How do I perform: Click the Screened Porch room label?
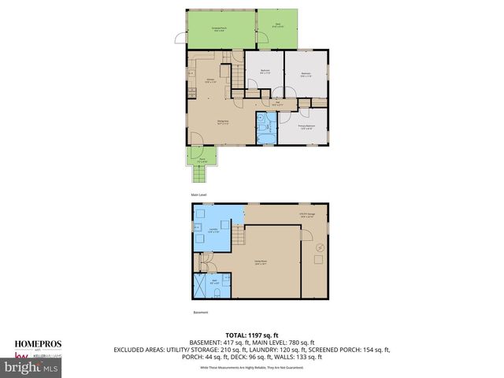220,28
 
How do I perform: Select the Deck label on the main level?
278,24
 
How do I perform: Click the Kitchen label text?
211,80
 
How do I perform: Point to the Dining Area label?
223,120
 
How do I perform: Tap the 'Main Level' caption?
198,195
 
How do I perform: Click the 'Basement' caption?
201,313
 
